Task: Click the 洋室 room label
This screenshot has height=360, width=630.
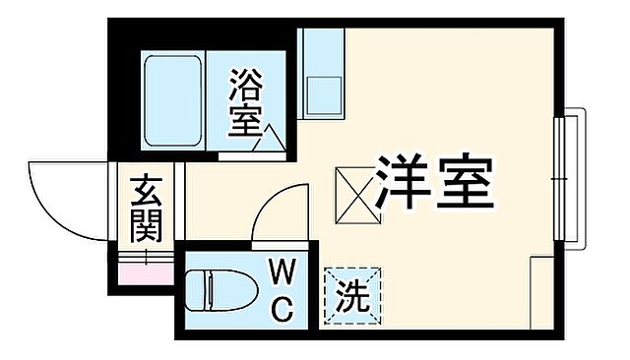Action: [434, 179]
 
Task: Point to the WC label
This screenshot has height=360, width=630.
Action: [280, 290]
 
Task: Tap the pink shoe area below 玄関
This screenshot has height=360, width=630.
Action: [145, 268]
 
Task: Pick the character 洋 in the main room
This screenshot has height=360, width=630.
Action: [403, 179]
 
